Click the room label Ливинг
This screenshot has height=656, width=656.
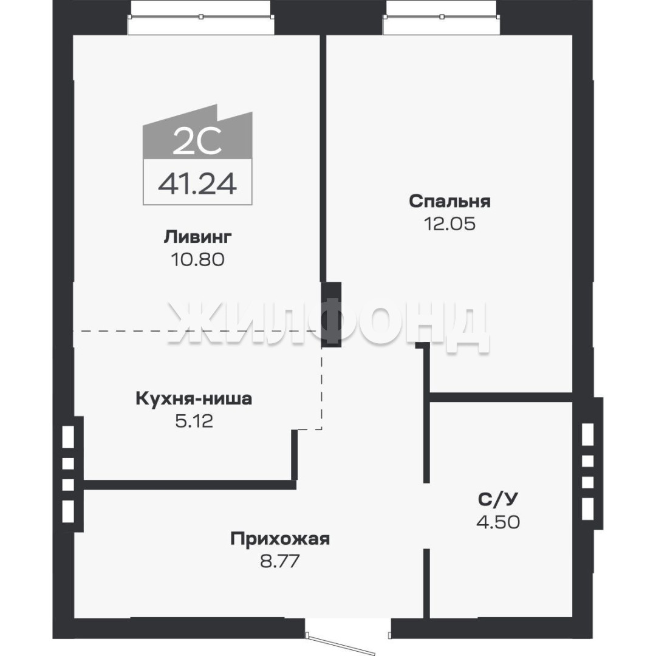point(197,237)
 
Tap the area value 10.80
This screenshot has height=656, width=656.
point(197,259)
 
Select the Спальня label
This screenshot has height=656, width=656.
point(449,201)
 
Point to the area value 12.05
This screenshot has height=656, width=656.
point(449,224)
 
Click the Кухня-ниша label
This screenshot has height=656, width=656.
point(194,398)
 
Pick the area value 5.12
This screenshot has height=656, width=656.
point(194,421)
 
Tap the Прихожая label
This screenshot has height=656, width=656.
point(280,539)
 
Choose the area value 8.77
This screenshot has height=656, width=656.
point(280,561)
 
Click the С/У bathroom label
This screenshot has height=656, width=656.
point(498,499)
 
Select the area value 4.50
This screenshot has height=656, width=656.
point(498,522)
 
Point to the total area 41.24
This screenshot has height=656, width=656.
point(197,183)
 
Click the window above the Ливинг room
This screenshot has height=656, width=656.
point(201,18)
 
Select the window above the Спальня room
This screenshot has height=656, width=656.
point(441,18)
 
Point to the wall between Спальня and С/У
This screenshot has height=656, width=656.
point(501,397)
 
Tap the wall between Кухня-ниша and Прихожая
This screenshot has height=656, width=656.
point(190,485)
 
